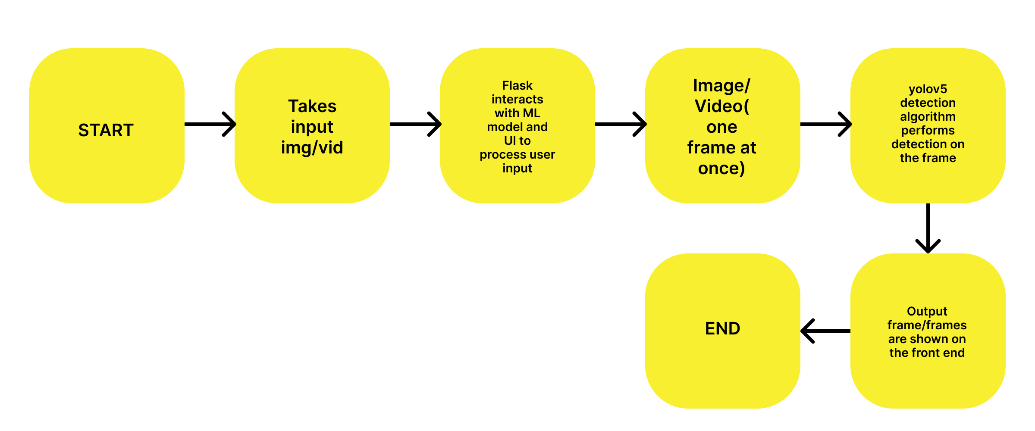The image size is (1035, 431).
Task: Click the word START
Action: click(x=106, y=130)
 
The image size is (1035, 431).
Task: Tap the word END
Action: click(x=722, y=329)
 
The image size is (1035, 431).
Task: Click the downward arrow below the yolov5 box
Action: click(x=928, y=228)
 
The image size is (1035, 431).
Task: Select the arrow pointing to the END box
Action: click(x=825, y=331)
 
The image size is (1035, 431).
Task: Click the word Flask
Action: click(x=517, y=86)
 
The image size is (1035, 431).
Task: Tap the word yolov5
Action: click(x=928, y=89)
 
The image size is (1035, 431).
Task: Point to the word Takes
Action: click(x=312, y=106)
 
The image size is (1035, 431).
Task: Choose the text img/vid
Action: click(x=312, y=148)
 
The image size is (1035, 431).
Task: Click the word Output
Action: click(x=927, y=312)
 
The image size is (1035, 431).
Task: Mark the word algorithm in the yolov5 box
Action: click(x=928, y=117)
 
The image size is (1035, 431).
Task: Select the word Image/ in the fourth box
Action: click(x=721, y=86)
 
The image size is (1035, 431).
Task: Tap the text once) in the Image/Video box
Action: click(x=721, y=169)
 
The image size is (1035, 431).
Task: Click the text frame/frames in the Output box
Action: click(x=927, y=325)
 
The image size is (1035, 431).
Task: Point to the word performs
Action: click(x=928, y=131)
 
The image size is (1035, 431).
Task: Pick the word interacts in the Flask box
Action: click(x=517, y=100)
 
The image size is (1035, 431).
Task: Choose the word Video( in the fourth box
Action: click(x=721, y=106)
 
